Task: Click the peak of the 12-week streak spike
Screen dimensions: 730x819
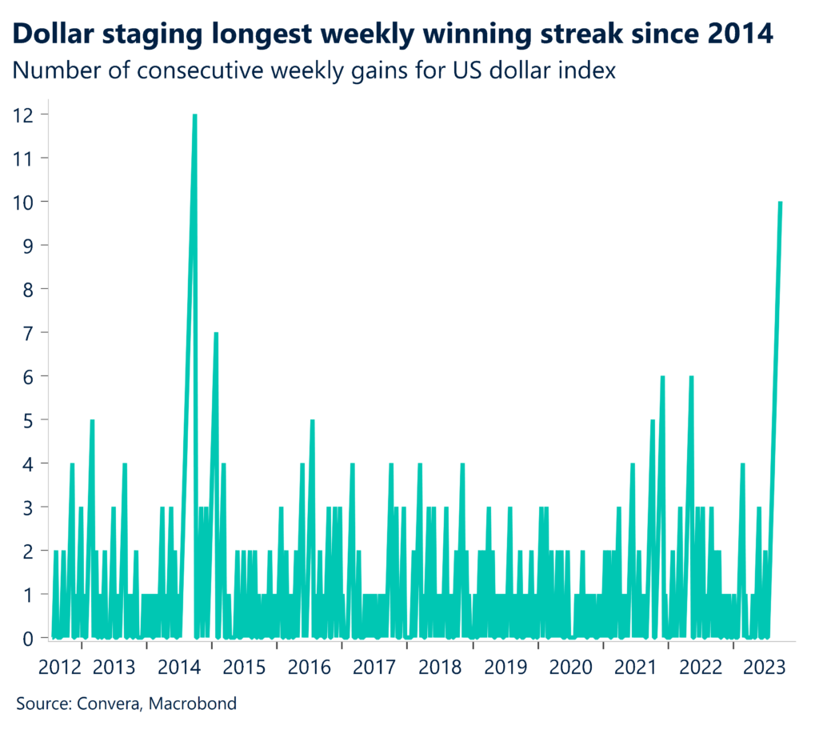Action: point(194,116)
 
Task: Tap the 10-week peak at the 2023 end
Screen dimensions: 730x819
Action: point(780,203)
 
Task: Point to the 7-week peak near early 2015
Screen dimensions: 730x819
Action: point(216,334)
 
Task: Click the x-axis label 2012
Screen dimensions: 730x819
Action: point(59,668)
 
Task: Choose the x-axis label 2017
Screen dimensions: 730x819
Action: point(374,668)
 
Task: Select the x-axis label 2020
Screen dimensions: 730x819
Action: point(570,668)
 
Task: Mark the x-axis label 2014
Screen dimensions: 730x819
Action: point(179,668)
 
